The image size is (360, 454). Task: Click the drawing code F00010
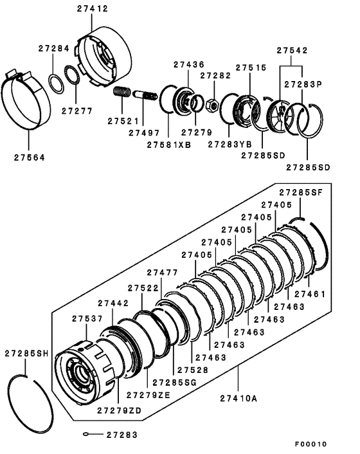(311, 444)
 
